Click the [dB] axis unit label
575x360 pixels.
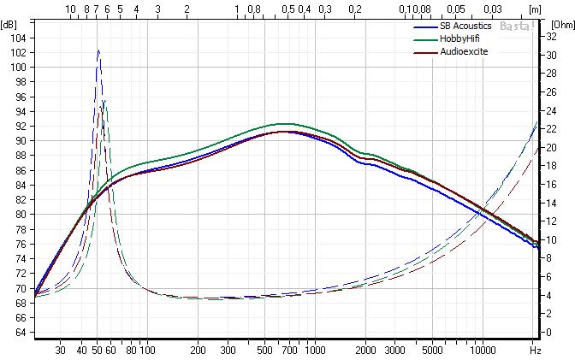[9, 24]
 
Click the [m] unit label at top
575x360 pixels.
[536, 9]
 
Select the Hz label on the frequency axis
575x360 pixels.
[535, 351]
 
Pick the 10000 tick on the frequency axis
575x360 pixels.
[483, 351]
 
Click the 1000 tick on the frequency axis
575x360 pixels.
[315, 351]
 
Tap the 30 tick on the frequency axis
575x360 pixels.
[60, 351]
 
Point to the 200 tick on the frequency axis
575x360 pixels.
[198, 351]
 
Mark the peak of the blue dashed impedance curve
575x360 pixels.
[98, 50]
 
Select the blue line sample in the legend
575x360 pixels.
[419, 26]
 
